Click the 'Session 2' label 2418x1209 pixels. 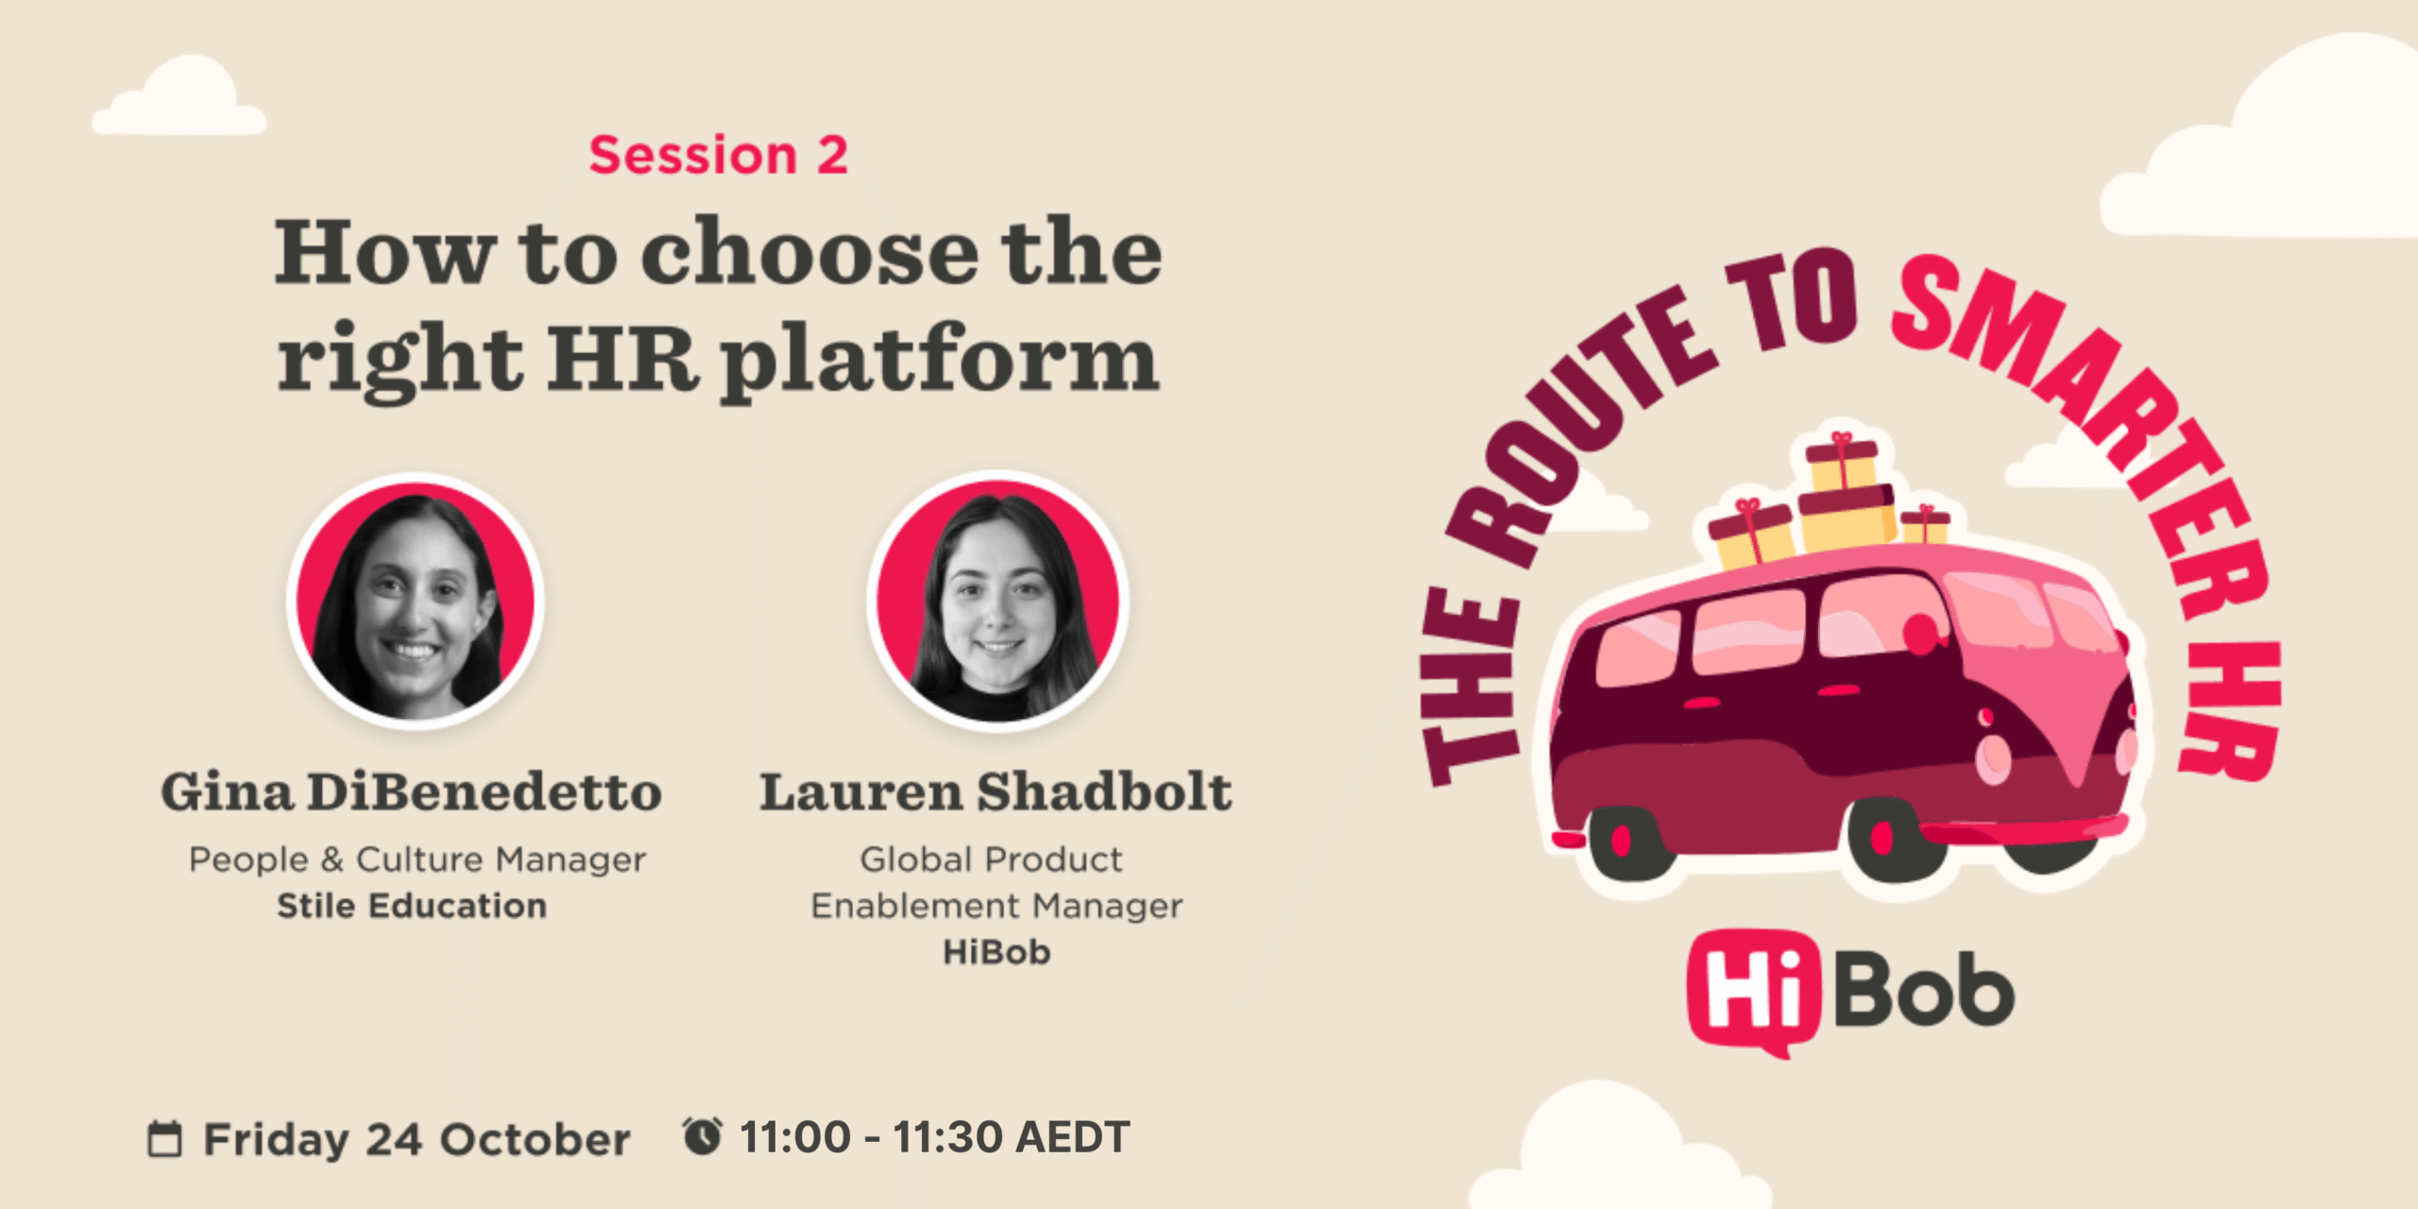(x=718, y=155)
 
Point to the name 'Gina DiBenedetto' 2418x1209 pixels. (x=412, y=792)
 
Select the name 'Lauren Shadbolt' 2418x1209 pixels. (x=996, y=792)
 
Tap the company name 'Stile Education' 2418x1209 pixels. (x=412, y=906)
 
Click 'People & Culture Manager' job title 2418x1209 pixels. (x=417, y=860)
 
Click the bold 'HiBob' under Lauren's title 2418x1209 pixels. (x=996, y=952)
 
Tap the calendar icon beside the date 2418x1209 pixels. (x=164, y=1138)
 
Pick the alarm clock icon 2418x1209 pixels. (x=702, y=1135)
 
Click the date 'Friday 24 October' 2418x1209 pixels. (x=417, y=1139)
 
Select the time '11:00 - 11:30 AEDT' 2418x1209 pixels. (x=934, y=1137)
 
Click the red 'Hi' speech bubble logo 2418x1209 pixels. (x=1752, y=991)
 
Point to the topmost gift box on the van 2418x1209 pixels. (x=1842, y=463)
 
